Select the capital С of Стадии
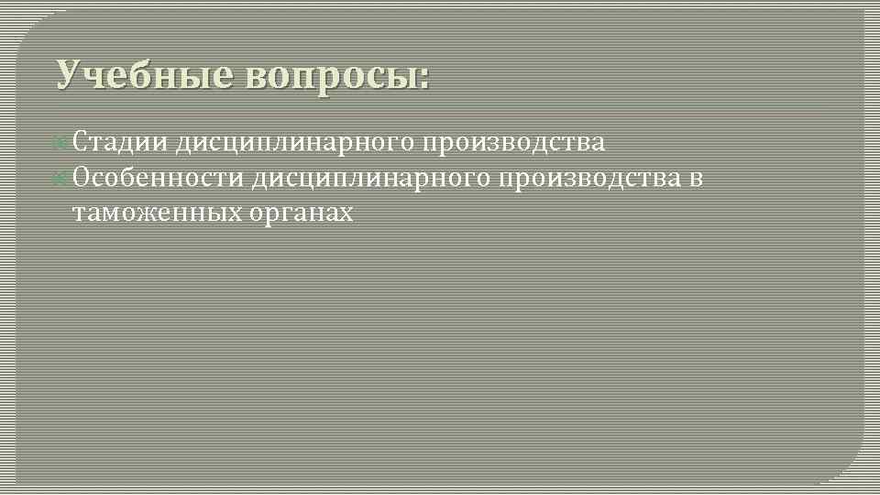coord(80,143)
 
